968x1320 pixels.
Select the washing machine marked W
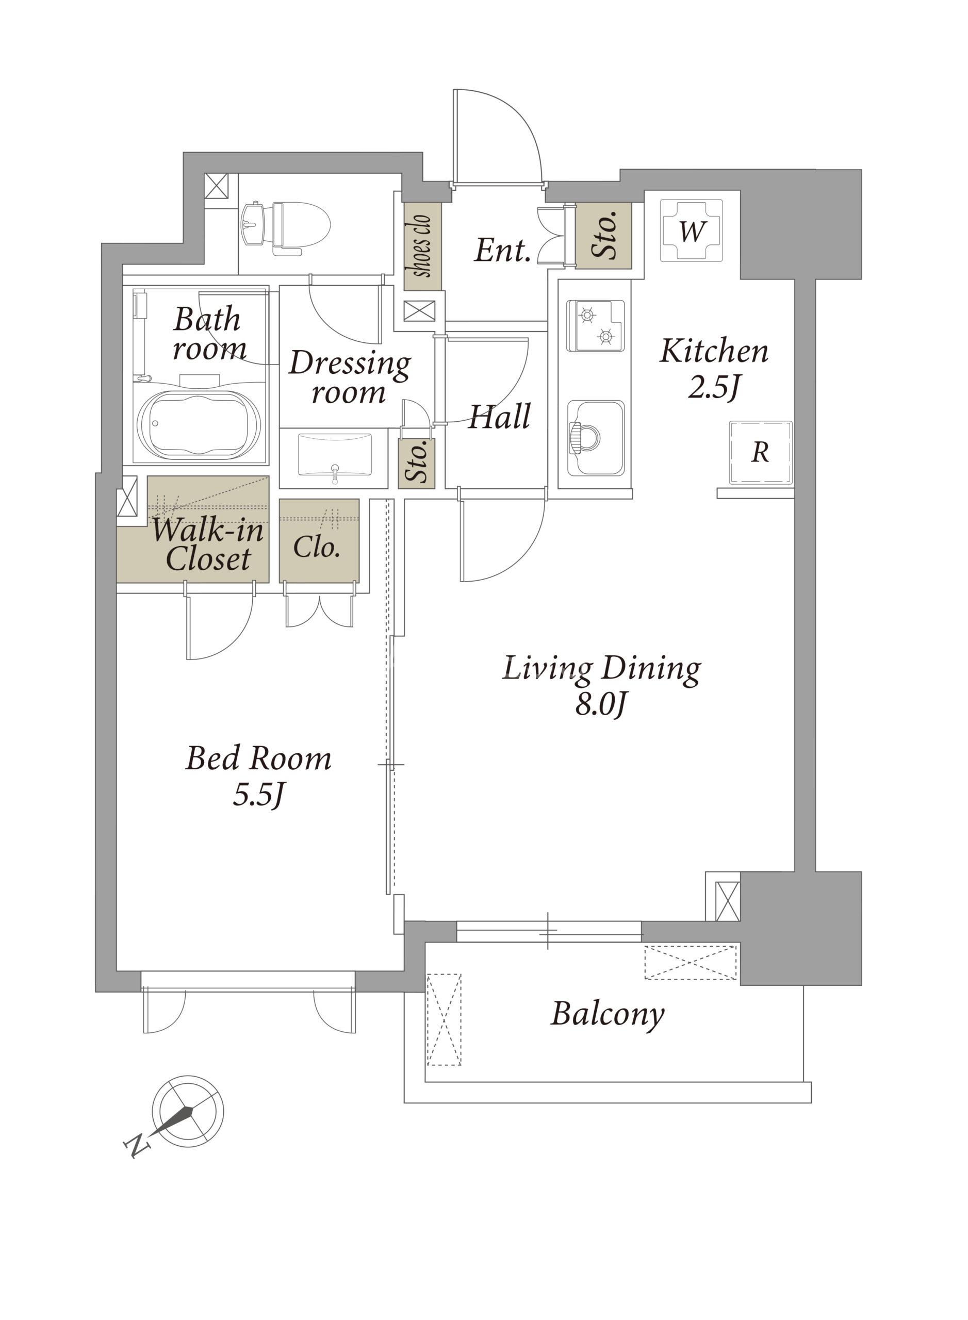tap(692, 230)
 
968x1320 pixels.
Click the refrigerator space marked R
tap(761, 453)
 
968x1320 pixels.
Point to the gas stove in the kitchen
tap(595, 326)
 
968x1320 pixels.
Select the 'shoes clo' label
tap(422, 246)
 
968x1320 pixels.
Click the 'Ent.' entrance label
tap(502, 251)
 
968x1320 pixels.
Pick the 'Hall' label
tap(499, 417)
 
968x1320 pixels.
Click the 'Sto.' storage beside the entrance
tap(604, 236)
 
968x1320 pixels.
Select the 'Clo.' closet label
tap(317, 547)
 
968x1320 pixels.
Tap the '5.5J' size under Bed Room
tap(258, 795)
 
